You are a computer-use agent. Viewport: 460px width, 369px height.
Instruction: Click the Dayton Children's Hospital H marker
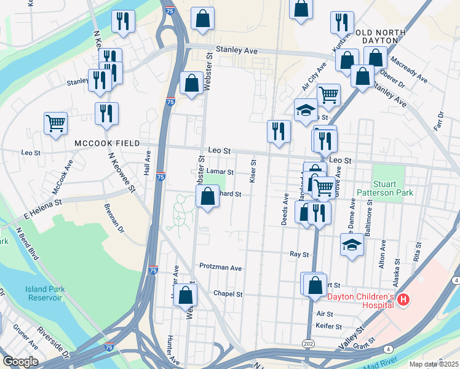coord(403,300)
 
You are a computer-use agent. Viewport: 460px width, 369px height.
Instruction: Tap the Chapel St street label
coord(228,294)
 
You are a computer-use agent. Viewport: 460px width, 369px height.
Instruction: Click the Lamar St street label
coord(220,173)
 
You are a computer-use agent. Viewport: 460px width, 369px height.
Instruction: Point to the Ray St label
coord(298,253)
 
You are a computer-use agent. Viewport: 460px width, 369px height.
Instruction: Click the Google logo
coord(20,362)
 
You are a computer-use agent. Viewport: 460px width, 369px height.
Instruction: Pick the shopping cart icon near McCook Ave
coord(55,123)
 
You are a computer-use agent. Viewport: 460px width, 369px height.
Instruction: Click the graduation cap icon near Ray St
coord(352,245)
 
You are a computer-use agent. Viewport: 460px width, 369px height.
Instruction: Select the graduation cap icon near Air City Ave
coord(306,110)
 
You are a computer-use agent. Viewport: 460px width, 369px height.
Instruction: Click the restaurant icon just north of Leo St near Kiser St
coord(279,131)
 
